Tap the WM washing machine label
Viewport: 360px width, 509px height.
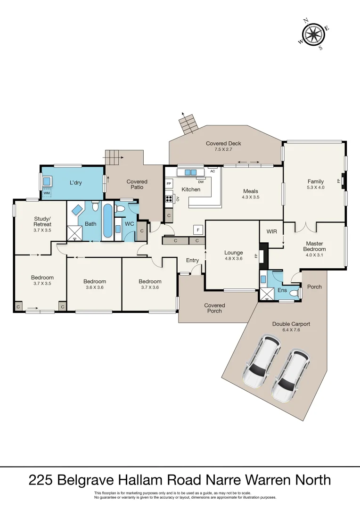[47, 193]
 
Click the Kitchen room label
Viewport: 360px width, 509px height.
[191, 189]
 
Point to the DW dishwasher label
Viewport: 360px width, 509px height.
[201, 181]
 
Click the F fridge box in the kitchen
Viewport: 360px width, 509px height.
[198, 230]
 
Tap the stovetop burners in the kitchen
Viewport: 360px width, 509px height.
[169, 198]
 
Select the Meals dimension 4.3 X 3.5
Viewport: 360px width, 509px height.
[250, 197]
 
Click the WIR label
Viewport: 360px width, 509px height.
[271, 231]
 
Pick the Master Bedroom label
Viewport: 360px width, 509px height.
[314, 246]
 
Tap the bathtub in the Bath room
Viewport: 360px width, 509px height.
[108, 221]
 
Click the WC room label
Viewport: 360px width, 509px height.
[129, 223]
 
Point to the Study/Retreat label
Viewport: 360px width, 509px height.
[42, 221]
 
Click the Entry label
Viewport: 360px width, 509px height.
[192, 260]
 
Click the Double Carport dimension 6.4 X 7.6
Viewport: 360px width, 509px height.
[291, 330]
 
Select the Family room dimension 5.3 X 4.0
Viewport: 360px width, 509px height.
[316, 187]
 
